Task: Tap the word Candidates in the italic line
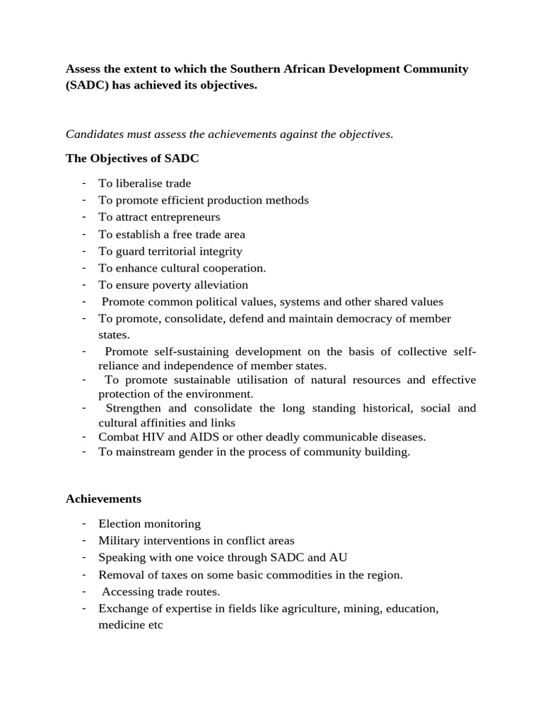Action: (x=95, y=134)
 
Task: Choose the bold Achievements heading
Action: (x=103, y=498)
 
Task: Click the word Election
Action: (x=119, y=524)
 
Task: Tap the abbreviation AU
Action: (x=339, y=558)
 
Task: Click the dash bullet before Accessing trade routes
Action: (x=83, y=591)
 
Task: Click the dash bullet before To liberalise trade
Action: (x=83, y=182)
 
